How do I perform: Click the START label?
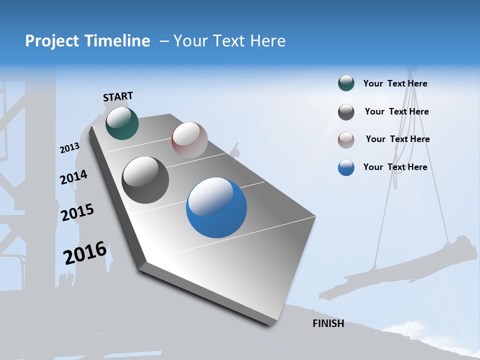point(118,96)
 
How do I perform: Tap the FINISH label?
point(328,323)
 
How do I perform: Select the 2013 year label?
point(69,148)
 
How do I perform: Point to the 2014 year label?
point(73,177)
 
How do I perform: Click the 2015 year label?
point(77,212)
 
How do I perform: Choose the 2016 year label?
point(85,253)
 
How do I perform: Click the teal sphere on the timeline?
point(122,123)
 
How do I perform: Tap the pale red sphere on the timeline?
point(189,140)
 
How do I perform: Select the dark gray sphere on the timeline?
point(145,180)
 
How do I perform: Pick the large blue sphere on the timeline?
point(216,207)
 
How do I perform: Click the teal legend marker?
point(346,83)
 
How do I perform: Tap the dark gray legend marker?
point(346,112)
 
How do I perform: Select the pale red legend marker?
point(346,139)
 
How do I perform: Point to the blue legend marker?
point(346,167)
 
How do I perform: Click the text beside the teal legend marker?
point(395,83)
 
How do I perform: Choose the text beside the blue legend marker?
point(395,167)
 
